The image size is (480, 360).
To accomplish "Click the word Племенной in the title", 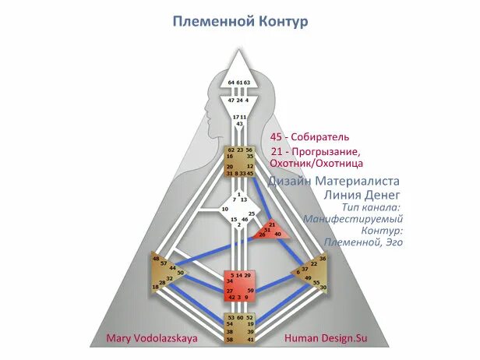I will click(206, 21).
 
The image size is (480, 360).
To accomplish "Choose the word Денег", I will click(384, 193).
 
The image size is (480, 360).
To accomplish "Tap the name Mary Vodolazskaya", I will click(152, 338).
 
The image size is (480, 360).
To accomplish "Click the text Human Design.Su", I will click(325, 338).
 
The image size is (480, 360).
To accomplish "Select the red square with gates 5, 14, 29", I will click(239, 285).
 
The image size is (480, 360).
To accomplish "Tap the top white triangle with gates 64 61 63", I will click(239, 74).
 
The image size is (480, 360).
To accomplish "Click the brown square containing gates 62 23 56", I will click(240, 161).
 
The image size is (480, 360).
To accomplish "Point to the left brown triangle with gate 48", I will click(167, 272).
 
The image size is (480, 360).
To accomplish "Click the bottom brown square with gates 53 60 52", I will click(239, 329).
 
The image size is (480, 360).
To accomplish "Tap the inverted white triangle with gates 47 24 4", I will click(239, 104).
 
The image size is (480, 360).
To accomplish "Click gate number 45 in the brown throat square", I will click(250, 173).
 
